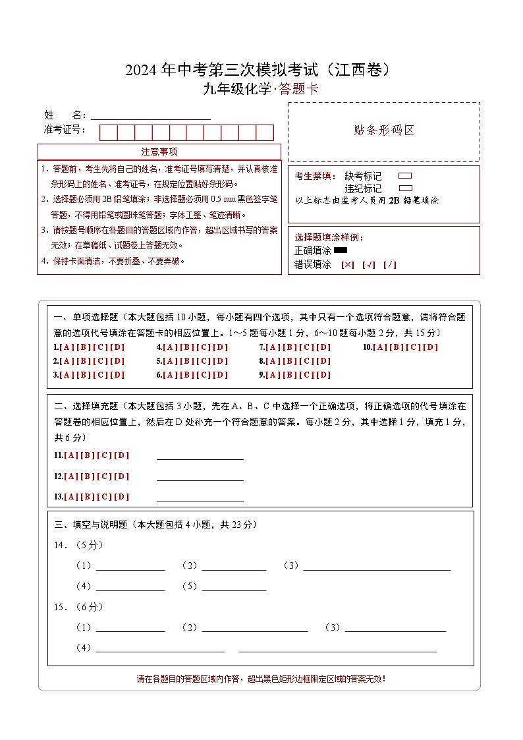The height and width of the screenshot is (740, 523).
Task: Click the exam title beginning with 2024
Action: pyautogui.click(x=261, y=70)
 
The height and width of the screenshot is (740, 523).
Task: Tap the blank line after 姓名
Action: pyautogui.click(x=151, y=115)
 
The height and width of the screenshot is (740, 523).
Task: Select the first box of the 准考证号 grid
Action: pyautogui.click(x=108, y=132)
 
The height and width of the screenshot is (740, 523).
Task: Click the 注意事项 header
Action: pyautogui.click(x=159, y=152)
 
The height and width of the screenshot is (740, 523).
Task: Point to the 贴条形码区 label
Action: pyautogui.click(x=384, y=130)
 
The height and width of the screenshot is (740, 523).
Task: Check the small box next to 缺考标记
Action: pyautogui.click(x=405, y=176)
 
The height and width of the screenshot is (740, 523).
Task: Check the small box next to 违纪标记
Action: pyautogui.click(x=405, y=188)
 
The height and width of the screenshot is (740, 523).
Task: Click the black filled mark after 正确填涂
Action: pyautogui.click(x=341, y=250)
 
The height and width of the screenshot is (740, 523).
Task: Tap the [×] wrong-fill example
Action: pyautogui.click(x=348, y=265)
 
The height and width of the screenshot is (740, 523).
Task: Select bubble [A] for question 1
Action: pyautogui.click(x=67, y=347)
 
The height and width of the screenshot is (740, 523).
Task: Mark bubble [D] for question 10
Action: pyautogui.click(x=430, y=347)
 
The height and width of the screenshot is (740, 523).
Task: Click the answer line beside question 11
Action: pyautogui.click(x=200, y=455)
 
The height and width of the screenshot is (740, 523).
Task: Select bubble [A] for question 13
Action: pyautogui.click(x=71, y=497)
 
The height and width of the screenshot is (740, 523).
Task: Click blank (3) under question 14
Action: pyautogui.click(x=377, y=566)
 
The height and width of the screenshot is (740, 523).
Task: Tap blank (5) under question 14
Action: pyautogui.click(x=234, y=586)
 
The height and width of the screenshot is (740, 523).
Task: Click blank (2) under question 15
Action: pyautogui.click(x=254, y=628)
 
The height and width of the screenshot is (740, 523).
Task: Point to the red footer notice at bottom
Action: pyautogui.click(x=261, y=679)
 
